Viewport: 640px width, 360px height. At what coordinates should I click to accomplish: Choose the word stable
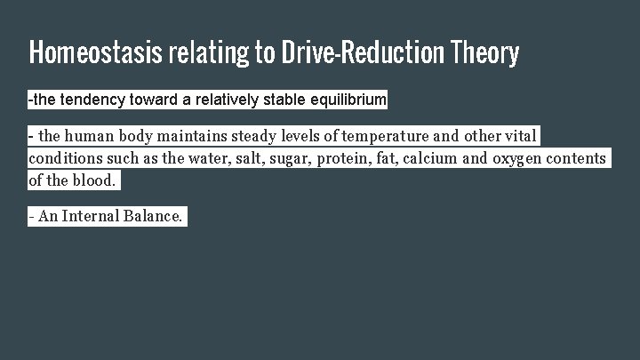(284, 100)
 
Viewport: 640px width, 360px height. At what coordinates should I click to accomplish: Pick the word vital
(522, 137)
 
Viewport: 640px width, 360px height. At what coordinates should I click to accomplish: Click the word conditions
(61, 158)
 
